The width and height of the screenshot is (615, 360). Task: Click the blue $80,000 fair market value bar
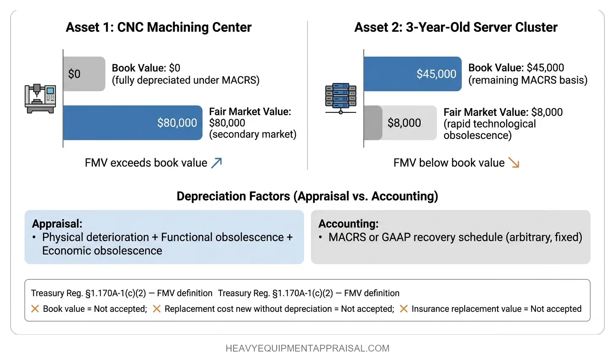tap(133, 123)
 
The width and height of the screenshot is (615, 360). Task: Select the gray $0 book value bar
tap(84, 74)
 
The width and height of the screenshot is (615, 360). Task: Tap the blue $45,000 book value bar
tap(412, 74)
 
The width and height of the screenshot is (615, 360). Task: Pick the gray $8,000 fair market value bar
tap(400, 123)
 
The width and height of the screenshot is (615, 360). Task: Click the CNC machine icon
tap(40, 98)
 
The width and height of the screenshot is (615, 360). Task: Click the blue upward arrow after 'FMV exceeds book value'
tap(216, 163)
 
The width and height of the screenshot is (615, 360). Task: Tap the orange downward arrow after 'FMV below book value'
tap(514, 163)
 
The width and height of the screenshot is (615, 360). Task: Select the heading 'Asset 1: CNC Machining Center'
tap(158, 27)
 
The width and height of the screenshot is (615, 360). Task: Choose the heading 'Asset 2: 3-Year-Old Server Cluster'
tap(456, 27)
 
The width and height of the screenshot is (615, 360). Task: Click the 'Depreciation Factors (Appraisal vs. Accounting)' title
tap(307, 196)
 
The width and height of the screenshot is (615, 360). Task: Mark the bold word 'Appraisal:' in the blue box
tap(57, 224)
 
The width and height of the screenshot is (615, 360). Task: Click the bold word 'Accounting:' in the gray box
tap(348, 224)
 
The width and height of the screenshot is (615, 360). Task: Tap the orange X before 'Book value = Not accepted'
tap(35, 309)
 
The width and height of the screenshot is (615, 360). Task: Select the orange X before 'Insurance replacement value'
tap(403, 309)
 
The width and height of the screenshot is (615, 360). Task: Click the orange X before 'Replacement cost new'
tap(156, 309)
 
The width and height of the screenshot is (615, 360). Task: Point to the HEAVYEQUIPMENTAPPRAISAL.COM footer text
tap(307, 349)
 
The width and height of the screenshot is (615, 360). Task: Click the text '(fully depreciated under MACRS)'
tap(185, 80)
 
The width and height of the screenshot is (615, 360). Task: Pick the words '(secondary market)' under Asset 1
tap(253, 134)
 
